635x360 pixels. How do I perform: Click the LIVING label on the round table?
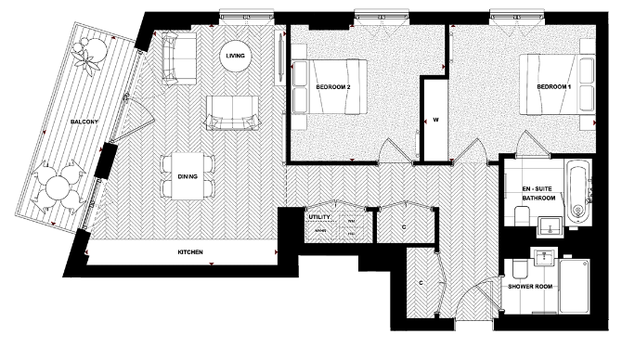[235, 58]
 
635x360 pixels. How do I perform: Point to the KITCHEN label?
[190, 252]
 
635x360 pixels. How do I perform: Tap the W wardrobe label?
[434, 121]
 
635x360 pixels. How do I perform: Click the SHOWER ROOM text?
[530, 287]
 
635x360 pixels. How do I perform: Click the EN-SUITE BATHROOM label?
[538, 193]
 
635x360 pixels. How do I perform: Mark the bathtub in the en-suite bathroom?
[577, 192]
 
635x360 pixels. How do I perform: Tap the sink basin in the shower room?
[545, 258]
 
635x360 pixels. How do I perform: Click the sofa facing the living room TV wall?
[232, 111]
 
